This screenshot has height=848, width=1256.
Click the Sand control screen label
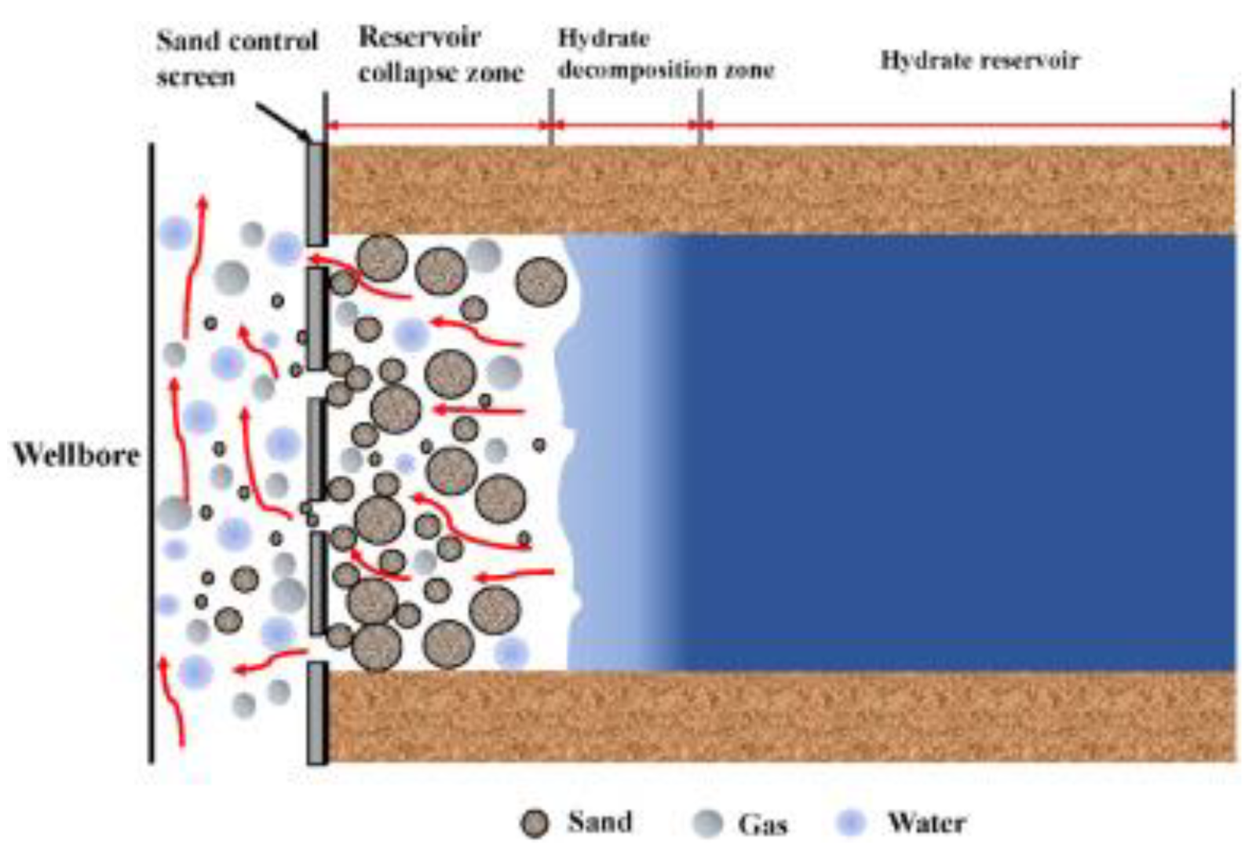click(x=235, y=58)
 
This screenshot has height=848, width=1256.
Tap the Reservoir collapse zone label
click(x=440, y=55)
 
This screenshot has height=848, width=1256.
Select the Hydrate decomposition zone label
click(x=665, y=54)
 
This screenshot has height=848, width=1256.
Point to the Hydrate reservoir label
click(x=979, y=60)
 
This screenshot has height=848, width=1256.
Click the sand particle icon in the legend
click(x=535, y=824)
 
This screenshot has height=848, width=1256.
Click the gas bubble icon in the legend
click(x=707, y=824)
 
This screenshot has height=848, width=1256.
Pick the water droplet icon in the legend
click(x=851, y=823)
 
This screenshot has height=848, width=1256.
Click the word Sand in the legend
click(x=600, y=822)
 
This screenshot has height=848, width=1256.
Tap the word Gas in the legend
click(x=762, y=824)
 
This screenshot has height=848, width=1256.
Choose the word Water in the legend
click(x=926, y=823)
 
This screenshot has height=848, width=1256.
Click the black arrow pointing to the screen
click(x=283, y=122)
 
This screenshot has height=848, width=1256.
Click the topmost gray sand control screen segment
click(x=316, y=193)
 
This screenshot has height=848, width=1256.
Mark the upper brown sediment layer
click(x=777, y=189)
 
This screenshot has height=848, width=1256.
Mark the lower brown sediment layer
click(x=777, y=715)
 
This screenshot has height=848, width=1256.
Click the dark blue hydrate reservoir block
click(x=942, y=451)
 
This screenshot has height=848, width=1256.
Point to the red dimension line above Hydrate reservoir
click(x=966, y=125)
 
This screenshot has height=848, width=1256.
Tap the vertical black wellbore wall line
click(x=151, y=451)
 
